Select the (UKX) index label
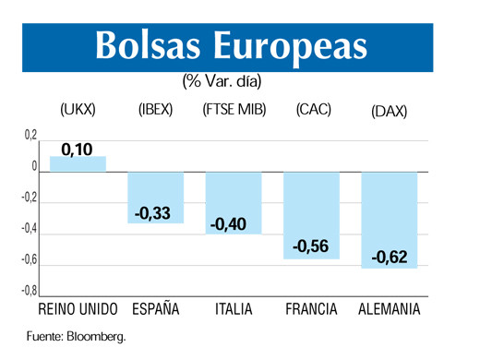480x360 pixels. point(78,110)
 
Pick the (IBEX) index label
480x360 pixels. point(155,110)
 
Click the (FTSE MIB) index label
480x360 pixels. point(234,110)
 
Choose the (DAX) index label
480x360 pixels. point(389,111)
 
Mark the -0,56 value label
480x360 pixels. point(310,246)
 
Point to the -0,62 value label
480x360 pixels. point(389,257)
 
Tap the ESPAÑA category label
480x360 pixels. point(155,308)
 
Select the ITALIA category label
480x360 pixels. point(233,308)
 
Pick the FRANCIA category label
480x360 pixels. point(310,308)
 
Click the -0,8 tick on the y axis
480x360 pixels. point(30,291)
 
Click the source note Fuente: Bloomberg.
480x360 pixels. point(75,336)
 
